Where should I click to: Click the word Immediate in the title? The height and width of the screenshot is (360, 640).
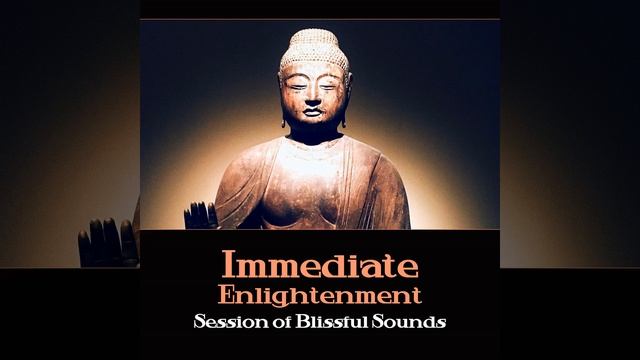[x=320, y=267]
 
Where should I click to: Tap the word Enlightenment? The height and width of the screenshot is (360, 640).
[x=320, y=297]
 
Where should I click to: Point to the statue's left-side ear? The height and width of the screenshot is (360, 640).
[x=282, y=100]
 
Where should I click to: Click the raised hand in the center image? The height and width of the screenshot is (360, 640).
[x=200, y=214]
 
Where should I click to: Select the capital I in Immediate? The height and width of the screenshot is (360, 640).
[x=228, y=267]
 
